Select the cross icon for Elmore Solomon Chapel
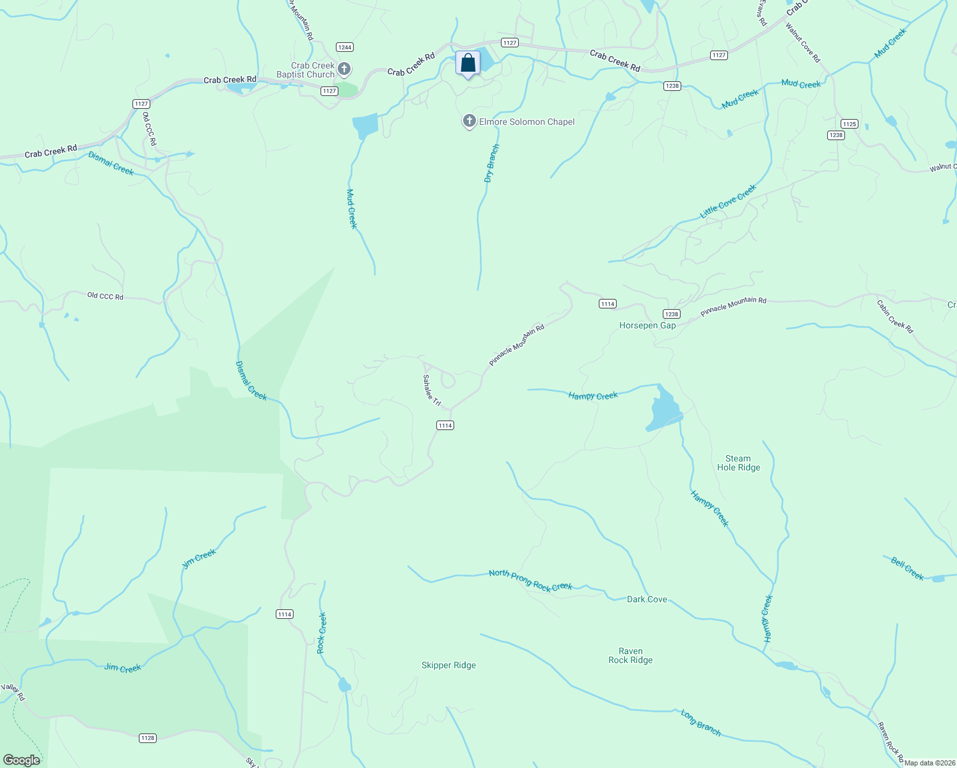click(469, 121)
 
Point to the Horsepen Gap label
click(647, 325)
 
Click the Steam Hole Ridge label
click(738, 463)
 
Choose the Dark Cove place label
click(647, 599)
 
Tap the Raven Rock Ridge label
click(630, 655)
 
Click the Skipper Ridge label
click(448, 665)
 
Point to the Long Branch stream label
click(700, 723)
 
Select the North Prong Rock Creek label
click(530, 580)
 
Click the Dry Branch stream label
click(491, 164)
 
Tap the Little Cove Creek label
click(728, 202)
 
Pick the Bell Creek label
click(907, 568)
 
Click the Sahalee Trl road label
click(432, 390)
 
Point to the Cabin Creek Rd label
click(895, 316)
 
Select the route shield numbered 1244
click(345, 47)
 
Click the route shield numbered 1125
click(849, 124)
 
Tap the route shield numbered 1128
click(147, 738)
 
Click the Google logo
click(22, 760)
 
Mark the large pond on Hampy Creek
click(664, 410)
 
